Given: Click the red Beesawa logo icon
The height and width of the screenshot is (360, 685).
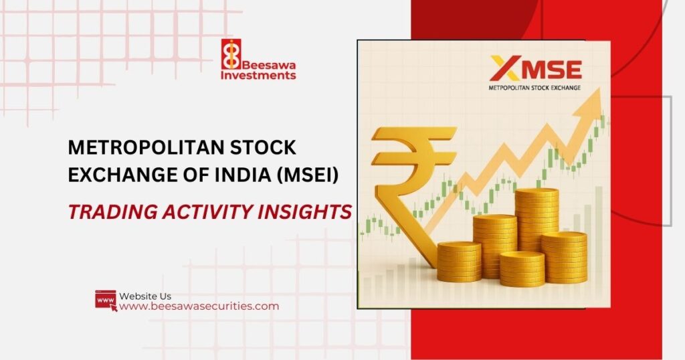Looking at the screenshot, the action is (x=231, y=54).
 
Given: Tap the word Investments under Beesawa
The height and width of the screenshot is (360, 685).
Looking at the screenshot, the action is (x=258, y=75).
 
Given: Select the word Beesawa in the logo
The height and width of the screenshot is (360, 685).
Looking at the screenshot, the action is (x=269, y=65).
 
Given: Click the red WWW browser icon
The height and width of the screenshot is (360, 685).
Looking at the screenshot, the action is (x=106, y=301).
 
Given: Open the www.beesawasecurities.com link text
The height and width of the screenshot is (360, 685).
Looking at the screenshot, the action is (x=199, y=306).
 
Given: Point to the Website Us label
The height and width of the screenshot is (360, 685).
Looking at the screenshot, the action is (x=145, y=296).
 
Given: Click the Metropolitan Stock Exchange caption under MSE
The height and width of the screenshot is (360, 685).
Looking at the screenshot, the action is (x=534, y=88).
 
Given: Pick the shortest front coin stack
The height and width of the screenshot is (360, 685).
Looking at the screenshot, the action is (x=522, y=269).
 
